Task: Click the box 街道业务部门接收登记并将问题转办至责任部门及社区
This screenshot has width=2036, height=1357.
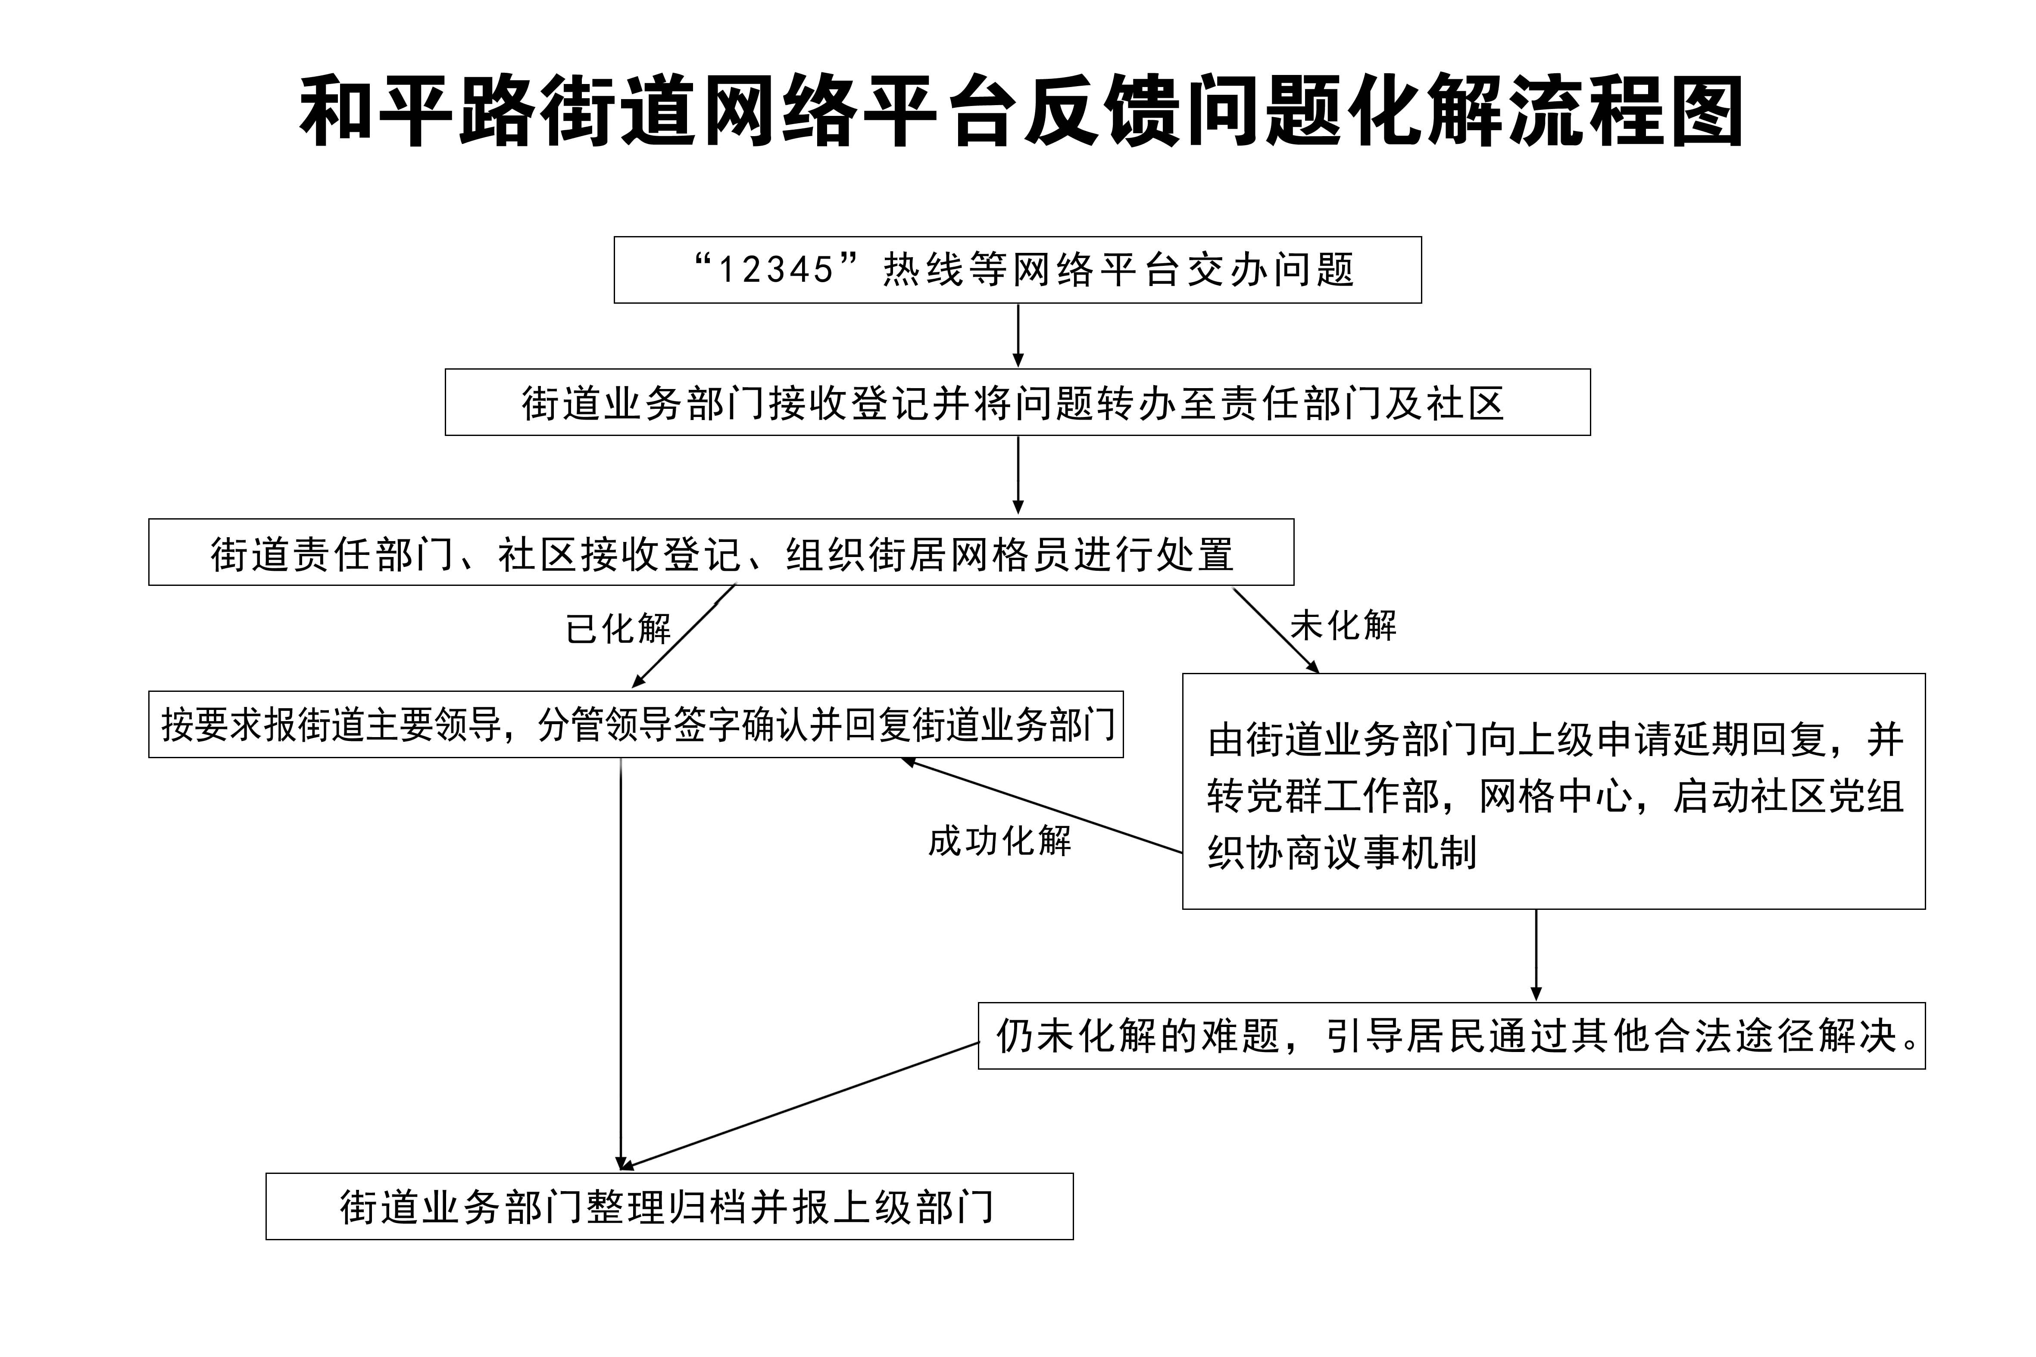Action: pyautogui.click(x=1017, y=402)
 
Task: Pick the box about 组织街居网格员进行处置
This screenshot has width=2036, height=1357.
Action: pyautogui.click(x=721, y=552)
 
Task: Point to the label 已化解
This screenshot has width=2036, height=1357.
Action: pyautogui.click(x=618, y=629)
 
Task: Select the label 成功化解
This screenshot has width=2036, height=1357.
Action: pyautogui.click(x=1000, y=840)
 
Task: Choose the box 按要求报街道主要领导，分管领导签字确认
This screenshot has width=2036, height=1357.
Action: pyautogui.click(x=635, y=724)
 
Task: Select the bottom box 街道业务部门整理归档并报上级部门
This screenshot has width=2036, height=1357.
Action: pyautogui.click(x=669, y=1206)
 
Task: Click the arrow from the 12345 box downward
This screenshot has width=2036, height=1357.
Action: pyautogui.click(x=1018, y=336)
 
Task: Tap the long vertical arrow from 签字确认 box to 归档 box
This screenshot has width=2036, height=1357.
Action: pyautogui.click(x=621, y=965)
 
